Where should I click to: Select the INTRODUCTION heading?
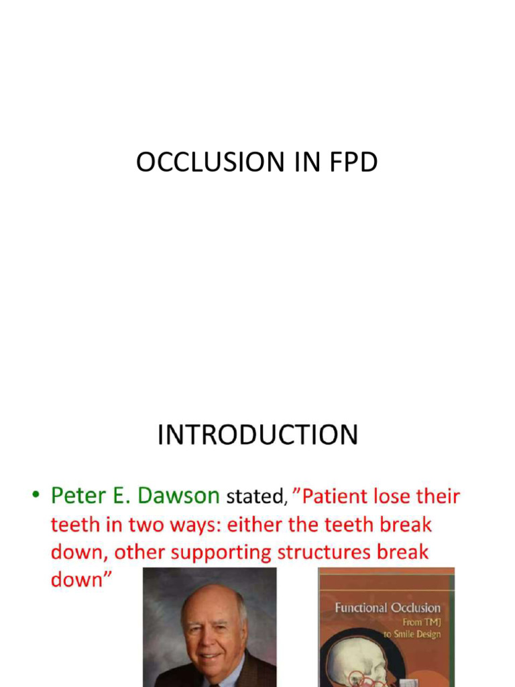[257, 435]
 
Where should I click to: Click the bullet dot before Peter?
[35, 497]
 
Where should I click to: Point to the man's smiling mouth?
[210, 655]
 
